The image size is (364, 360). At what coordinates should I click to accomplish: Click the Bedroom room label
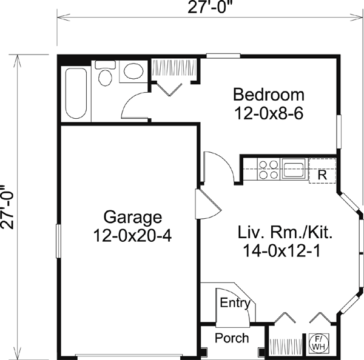[269, 95]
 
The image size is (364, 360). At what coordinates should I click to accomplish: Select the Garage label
[132, 216]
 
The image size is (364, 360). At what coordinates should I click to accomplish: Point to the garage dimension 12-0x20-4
[132, 235]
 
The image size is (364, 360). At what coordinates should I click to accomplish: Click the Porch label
[232, 338]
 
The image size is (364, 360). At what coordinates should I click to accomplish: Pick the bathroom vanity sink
[132, 72]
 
